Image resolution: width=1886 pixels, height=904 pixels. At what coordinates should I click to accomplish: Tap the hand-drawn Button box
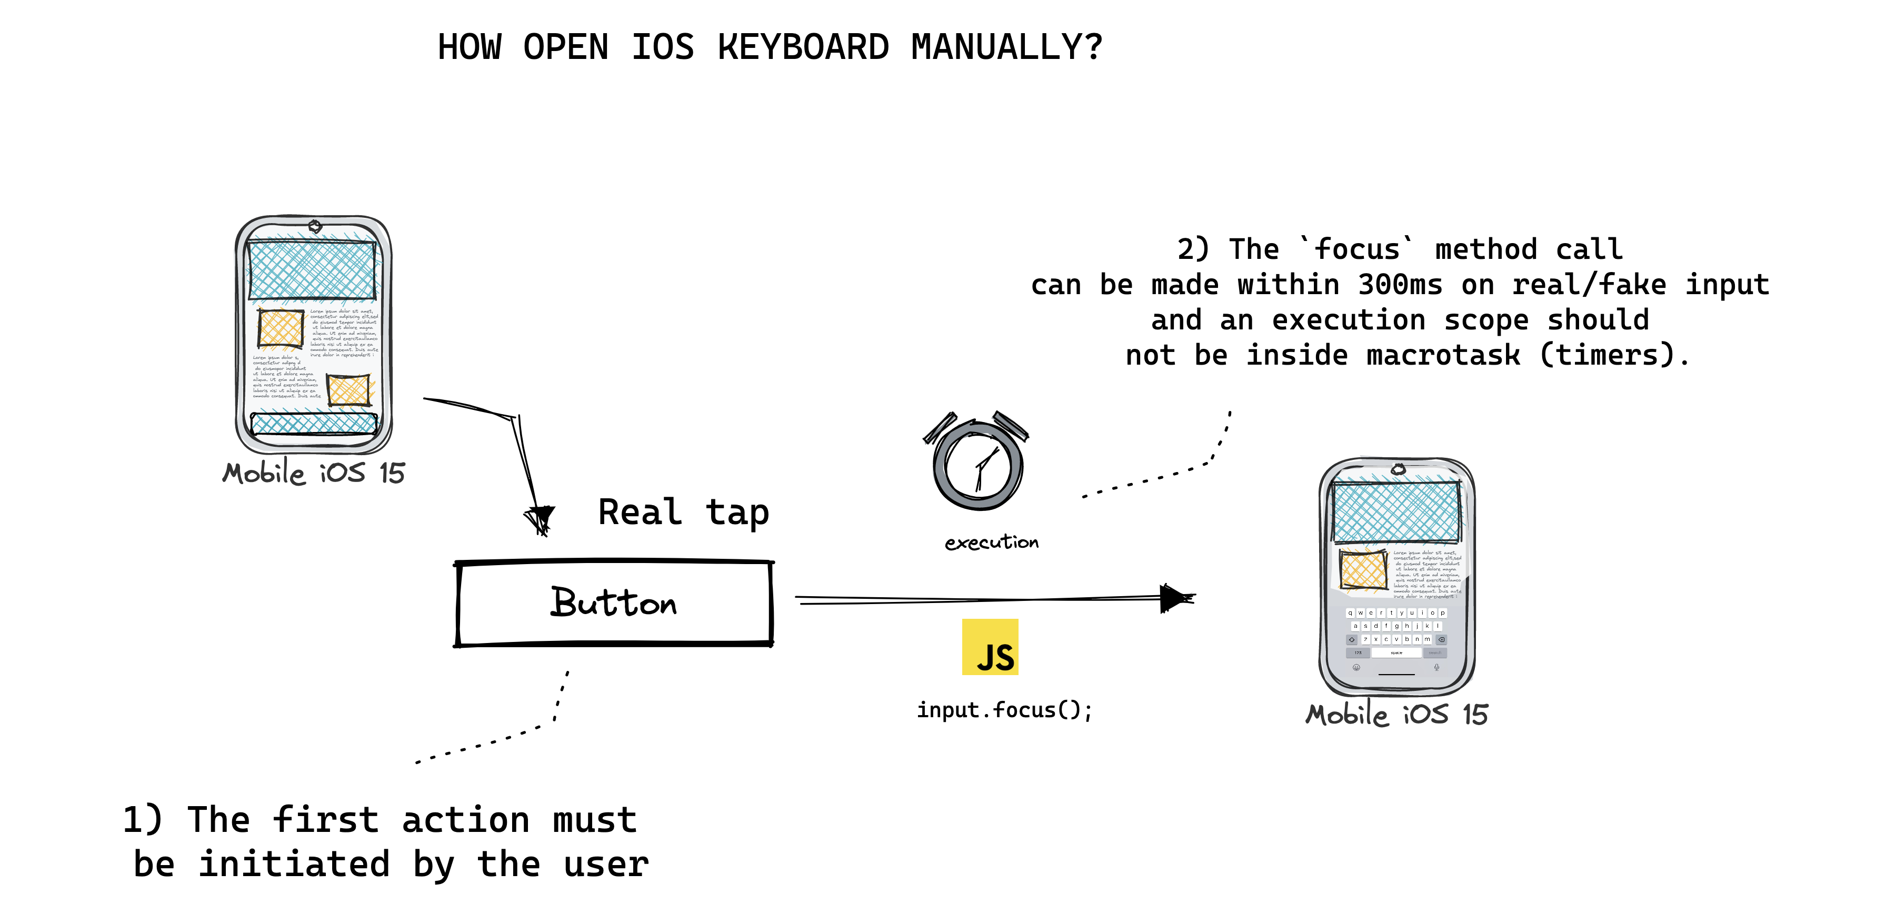coord(614,603)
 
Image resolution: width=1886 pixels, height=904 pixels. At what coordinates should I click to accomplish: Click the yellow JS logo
coord(990,647)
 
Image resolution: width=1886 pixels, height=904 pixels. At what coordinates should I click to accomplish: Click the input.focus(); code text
coord(1004,710)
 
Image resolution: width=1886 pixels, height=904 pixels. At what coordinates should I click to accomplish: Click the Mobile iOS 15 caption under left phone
coord(313,474)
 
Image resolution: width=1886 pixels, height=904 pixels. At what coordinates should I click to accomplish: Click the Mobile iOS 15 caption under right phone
coord(1397,715)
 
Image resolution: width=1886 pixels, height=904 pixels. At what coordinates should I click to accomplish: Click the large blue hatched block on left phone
coord(313,269)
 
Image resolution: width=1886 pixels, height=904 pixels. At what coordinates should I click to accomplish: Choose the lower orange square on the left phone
coord(348,390)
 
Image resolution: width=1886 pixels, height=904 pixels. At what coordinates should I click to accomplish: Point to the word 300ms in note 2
coord(1400,285)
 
